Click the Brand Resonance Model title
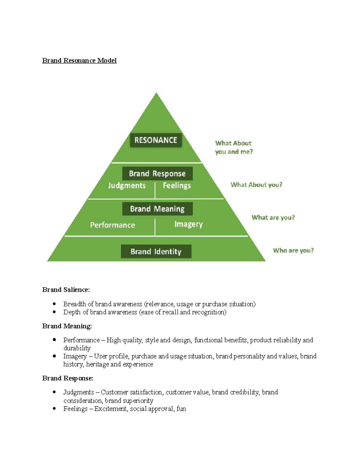pyautogui.click(x=79, y=61)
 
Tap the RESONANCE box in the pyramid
pyautogui.click(x=156, y=140)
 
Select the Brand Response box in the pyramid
pyautogui.click(x=157, y=173)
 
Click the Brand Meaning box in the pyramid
pyautogui.click(x=157, y=209)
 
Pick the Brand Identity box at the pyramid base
pyautogui.click(x=156, y=251)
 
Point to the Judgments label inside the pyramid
pyautogui.click(x=127, y=185)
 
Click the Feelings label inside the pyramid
pyautogui.click(x=177, y=185)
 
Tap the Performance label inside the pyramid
pyautogui.click(x=112, y=225)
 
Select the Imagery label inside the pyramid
pyautogui.click(x=188, y=224)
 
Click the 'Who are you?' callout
pyautogui.click(x=293, y=251)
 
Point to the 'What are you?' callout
pyautogui.click(x=273, y=218)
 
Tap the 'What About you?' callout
pyautogui.click(x=256, y=185)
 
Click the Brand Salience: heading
pyautogui.click(x=66, y=290)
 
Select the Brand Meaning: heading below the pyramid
pyautogui.click(x=67, y=326)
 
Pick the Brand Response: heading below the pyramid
pyautogui.click(x=67, y=378)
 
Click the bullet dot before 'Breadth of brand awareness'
pyautogui.click(x=54, y=304)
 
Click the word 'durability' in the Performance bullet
pyautogui.click(x=77, y=348)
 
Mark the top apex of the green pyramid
pyautogui.click(x=156, y=93)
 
